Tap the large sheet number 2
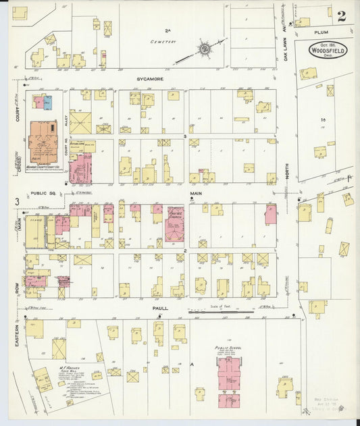pos(342,17)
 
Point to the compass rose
pos(203,49)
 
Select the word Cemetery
pos(164,41)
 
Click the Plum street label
pos(321,32)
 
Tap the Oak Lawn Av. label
pos(286,46)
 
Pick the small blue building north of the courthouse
pos(47,103)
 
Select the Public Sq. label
pos(44,192)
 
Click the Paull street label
pos(160,308)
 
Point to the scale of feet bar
pos(218,311)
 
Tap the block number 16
pos(324,119)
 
